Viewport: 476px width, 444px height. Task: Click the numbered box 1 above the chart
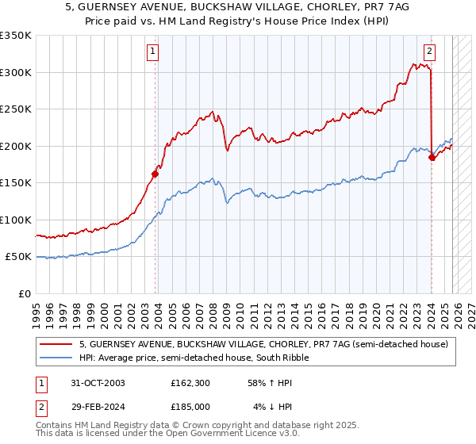click(x=152, y=52)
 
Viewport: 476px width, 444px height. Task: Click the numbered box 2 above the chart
click(x=429, y=52)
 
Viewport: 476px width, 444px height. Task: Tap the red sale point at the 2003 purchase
click(x=155, y=174)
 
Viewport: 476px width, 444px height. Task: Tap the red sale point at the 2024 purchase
click(x=432, y=157)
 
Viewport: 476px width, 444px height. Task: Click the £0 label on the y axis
click(x=24, y=293)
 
